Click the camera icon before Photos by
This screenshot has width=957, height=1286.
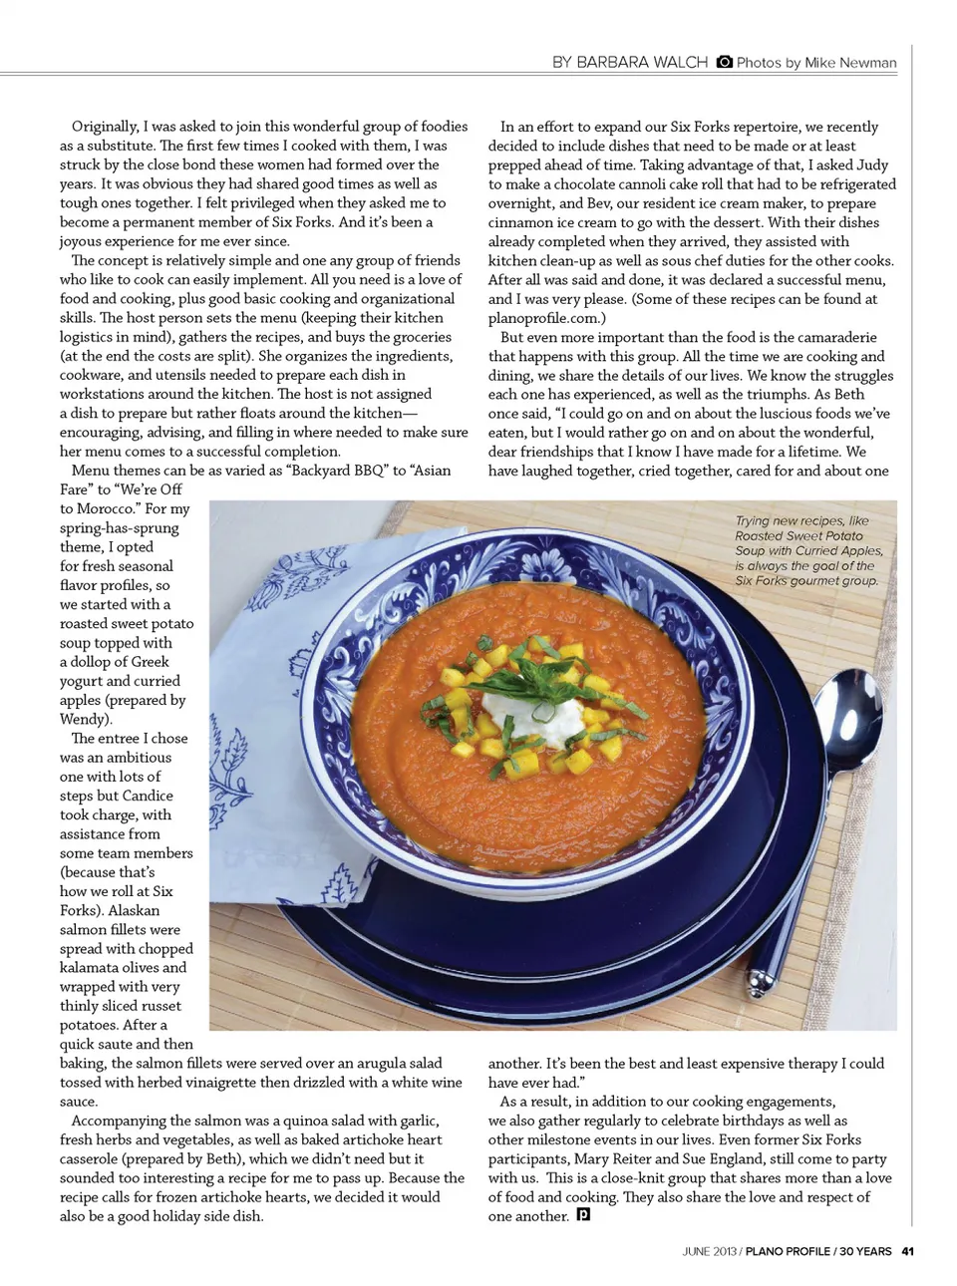coord(725,62)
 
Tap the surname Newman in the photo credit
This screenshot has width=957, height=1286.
coord(867,63)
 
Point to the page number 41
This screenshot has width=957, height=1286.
coord(907,1251)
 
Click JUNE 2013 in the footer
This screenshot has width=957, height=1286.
coord(709,1251)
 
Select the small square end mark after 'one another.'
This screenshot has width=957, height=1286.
coord(583,1215)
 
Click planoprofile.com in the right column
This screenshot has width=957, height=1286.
coord(542,318)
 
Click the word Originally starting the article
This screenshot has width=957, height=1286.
coord(105,127)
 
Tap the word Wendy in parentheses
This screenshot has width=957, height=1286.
coord(84,719)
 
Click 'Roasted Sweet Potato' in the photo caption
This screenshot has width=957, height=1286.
coord(798,535)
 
